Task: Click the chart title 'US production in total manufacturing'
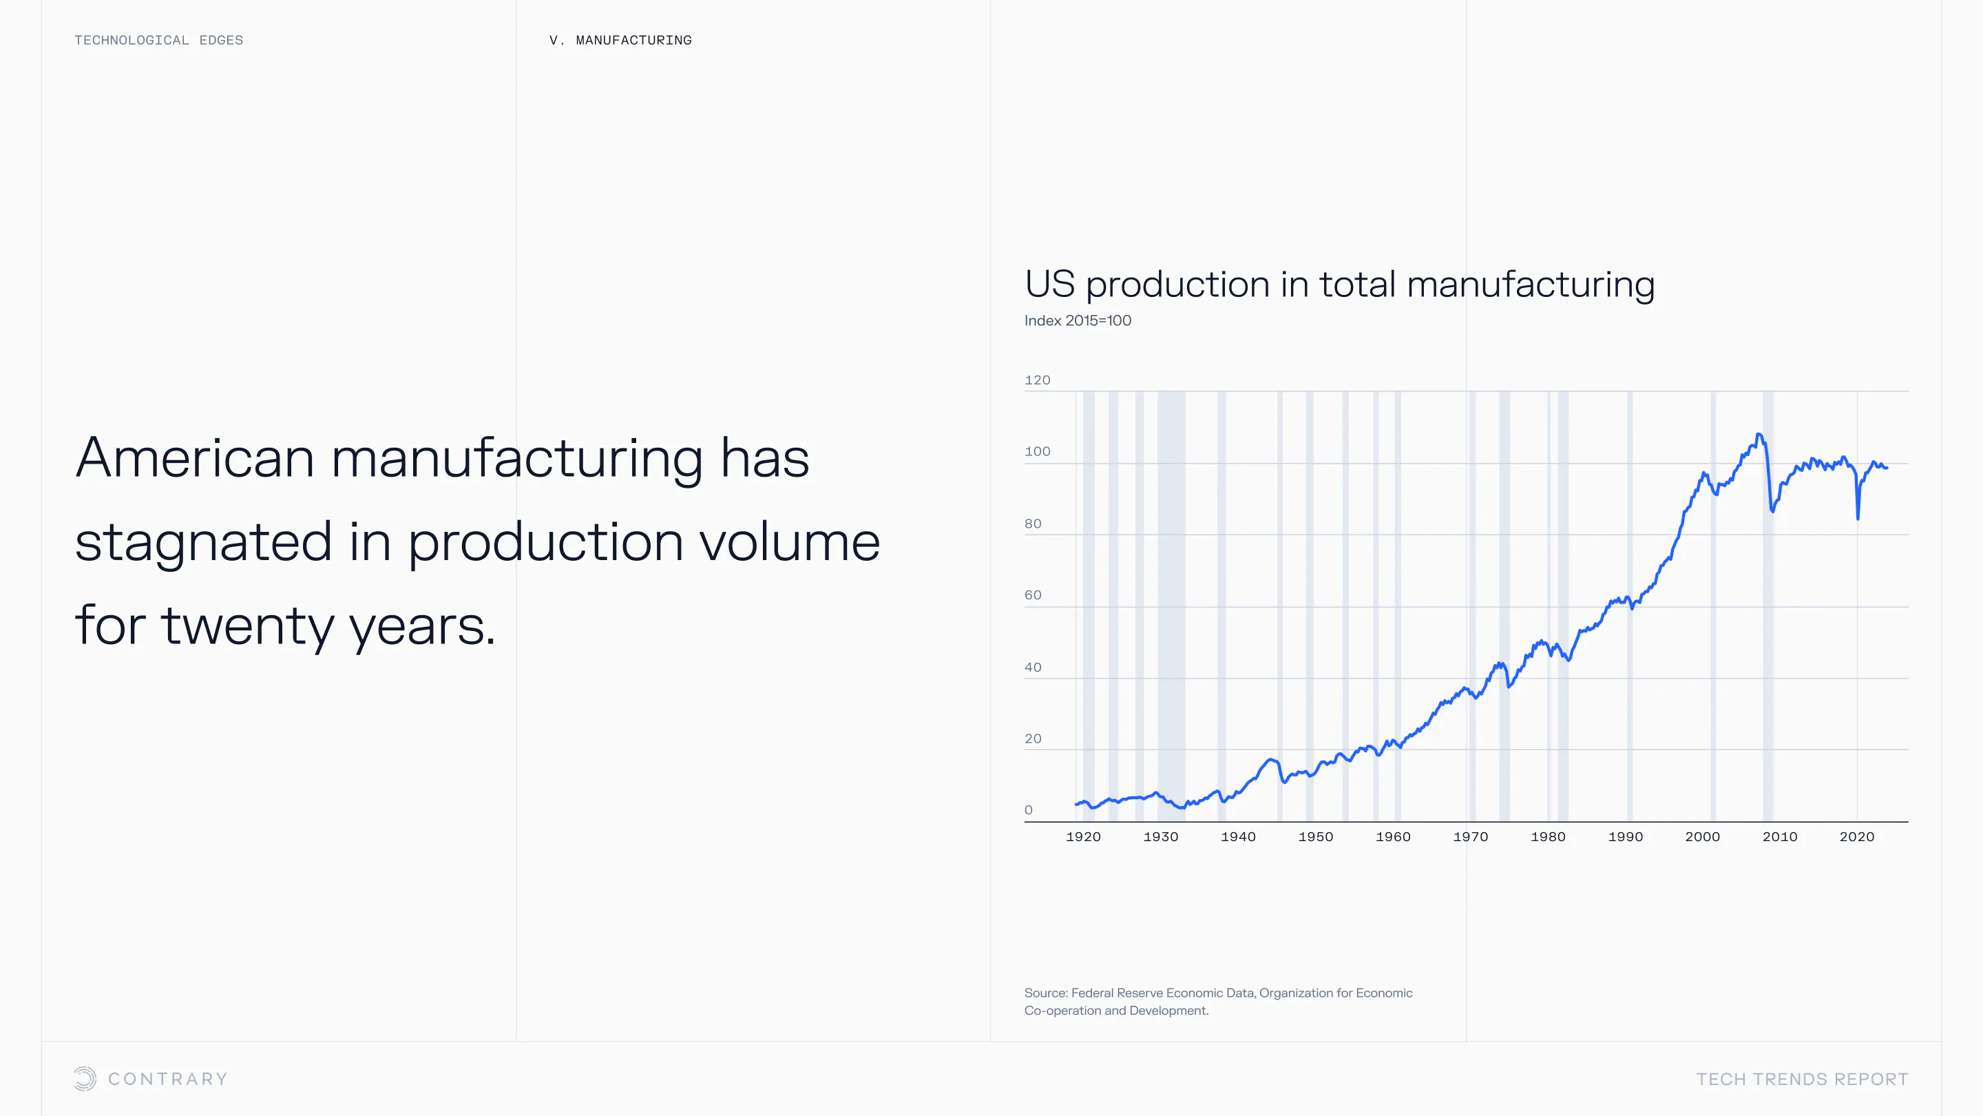coord(1339,285)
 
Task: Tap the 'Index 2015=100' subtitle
coord(1078,320)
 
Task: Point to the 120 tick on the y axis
coord(1037,380)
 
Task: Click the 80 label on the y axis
coord(1032,524)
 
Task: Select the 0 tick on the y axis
coord(1029,809)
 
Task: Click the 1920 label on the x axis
coord(1083,836)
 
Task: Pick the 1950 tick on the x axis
coord(1316,836)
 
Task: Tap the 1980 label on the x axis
coord(1548,836)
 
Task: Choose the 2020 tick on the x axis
coord(1857,836)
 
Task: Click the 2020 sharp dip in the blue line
coord(1858,517)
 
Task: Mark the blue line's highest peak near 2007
coord(1759,435)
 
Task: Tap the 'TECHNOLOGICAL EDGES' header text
coord(158,40)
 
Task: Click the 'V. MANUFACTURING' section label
coord(620,40)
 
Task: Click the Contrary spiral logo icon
coord(85,1078)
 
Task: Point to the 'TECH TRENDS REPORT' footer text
coord(1802,1079)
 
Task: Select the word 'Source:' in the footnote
coord(1045,993)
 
